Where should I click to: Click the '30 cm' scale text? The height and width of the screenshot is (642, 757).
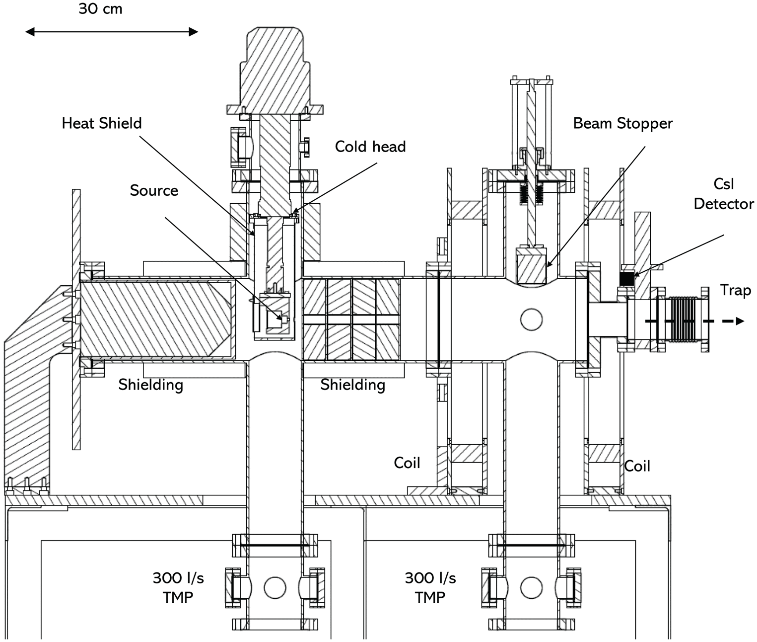[100, 9]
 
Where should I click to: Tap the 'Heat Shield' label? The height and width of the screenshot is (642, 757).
[101, 123]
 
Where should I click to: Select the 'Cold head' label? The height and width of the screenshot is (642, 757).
[370, 147]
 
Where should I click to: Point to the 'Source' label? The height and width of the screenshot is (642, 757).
[154, 191]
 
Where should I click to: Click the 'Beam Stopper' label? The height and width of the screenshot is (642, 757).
[622, 124]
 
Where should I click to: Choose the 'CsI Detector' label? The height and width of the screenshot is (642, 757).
[724, 194]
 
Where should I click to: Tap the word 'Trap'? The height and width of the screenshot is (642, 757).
[735, 290]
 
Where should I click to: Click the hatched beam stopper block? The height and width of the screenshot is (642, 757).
[531, 266]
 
